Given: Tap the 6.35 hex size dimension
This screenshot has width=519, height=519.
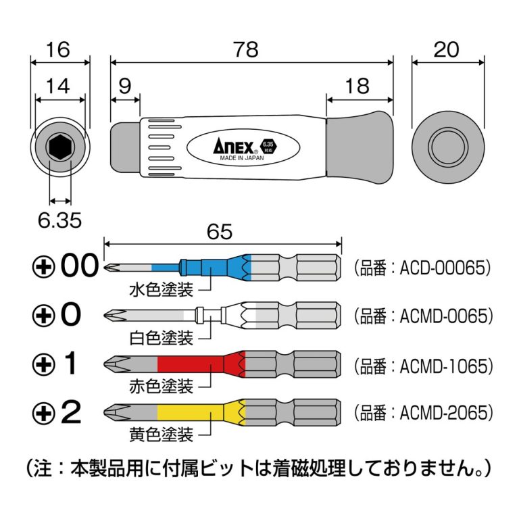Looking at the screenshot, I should click(60, 220).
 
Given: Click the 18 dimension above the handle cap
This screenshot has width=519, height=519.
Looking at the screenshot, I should click(357, 86).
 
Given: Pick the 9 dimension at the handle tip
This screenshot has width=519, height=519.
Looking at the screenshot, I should click(124, 86).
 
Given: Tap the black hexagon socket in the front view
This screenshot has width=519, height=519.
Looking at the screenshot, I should click(59, 146).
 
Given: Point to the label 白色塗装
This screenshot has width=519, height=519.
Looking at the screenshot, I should click(162, 337).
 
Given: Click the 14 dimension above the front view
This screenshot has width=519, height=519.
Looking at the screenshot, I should click(59, 86).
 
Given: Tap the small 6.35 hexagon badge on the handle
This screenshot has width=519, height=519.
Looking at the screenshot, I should click(268, 145).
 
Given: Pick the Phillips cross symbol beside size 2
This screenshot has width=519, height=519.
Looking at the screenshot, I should click(45, 412).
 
